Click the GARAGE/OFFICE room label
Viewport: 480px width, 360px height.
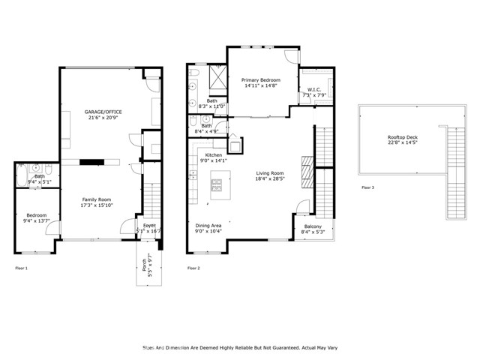click(x=103, y=112)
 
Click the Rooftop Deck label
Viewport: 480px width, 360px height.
click(x=403, y=137)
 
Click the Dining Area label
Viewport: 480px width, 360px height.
click(x=208, y=226)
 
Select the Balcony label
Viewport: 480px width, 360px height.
click(x=313, y=226)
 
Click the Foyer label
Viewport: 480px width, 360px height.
click(x=149, y=226)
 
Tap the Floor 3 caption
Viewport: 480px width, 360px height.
click(x=367, y=187)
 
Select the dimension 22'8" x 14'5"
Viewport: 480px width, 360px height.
click(x=403, y=143)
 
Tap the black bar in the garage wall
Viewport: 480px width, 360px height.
click(x=93, y=160)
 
